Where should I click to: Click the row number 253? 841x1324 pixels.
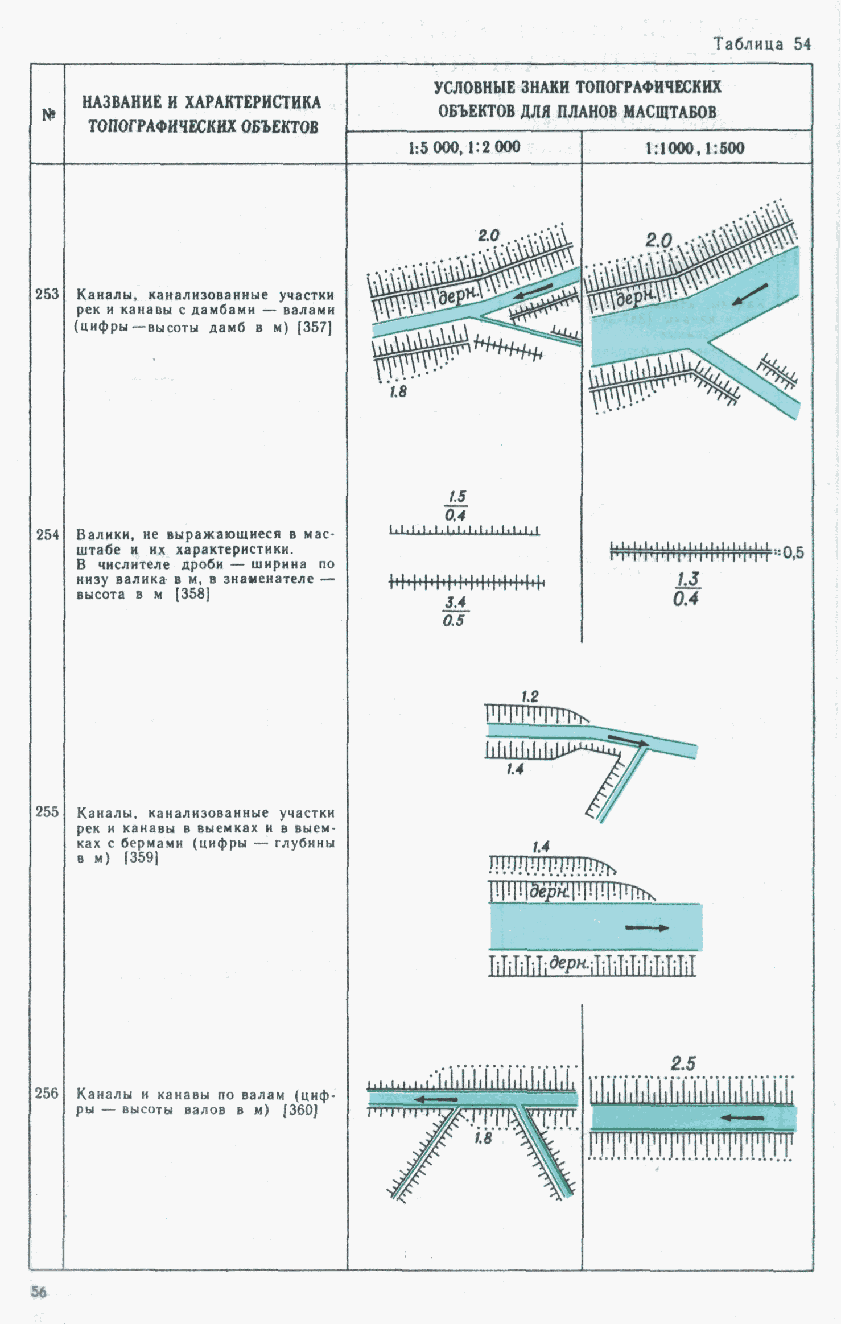coord(47,294)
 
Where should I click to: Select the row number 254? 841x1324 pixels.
coord(47,535)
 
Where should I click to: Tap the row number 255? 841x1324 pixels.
coord(47,812)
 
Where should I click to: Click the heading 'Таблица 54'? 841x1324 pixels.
coord(762,44)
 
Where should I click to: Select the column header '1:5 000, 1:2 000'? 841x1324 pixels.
coord(464,148)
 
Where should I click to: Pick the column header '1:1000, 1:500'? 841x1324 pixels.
coord(694,149)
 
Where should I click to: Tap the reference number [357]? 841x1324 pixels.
coord(315,327)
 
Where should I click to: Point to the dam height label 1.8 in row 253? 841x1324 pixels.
coord(398,391)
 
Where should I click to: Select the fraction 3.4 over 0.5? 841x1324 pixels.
coord(455,611)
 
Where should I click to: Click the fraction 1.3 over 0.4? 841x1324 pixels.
coord(687,589)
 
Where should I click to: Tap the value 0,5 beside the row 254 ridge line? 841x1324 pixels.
coord(793,552)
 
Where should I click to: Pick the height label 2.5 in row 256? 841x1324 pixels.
coord(683,1063)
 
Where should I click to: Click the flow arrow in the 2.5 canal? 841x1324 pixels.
coord(743,1117)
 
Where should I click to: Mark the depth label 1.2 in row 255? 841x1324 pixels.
coord(530,696)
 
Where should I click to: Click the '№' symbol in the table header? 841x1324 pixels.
coord(48,115)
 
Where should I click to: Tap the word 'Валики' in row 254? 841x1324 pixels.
coord(105,535)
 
